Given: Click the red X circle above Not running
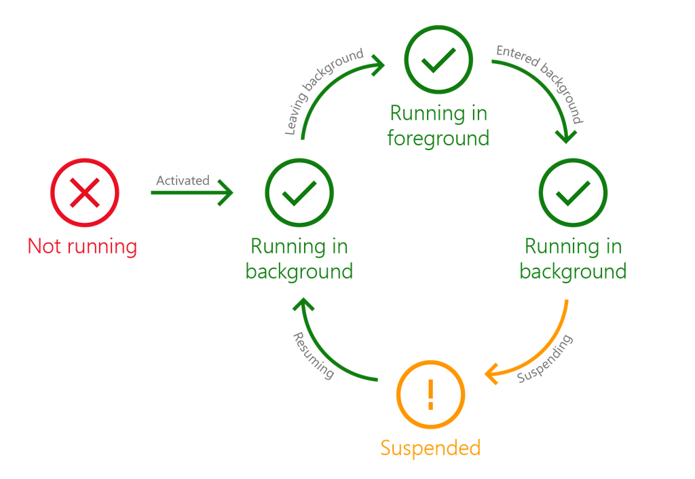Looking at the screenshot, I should tap(85, 193).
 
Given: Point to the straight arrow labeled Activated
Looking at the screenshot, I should tap(191, 194).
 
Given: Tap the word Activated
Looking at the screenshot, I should tap(183, 180).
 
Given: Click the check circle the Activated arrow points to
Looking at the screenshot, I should tap(299, 193).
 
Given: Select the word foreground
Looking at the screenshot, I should tap(438, 138).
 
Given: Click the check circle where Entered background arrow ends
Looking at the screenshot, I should tap(573, 193).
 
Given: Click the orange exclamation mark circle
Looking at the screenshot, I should tap(430, 395).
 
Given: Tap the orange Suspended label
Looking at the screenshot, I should tap(430, 448).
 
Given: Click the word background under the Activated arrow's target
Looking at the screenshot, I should tap(299, 271).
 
